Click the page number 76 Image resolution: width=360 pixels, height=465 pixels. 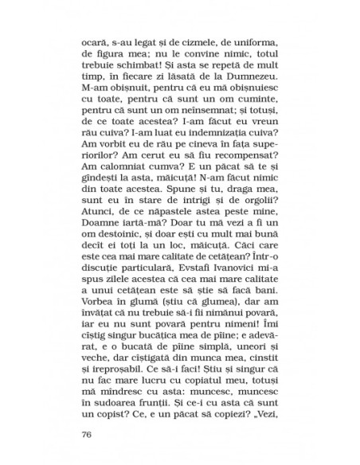pyautogui.click(x=88, y=434)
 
